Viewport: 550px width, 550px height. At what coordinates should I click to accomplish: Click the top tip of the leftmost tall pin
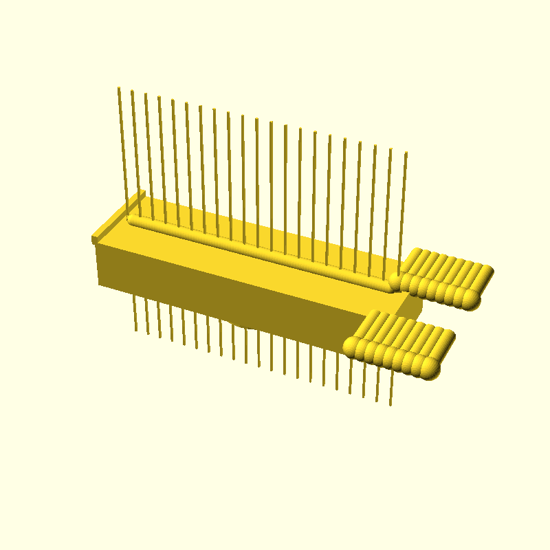click(119, 88)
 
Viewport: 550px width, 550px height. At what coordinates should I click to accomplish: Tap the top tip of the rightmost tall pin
click(406, 153)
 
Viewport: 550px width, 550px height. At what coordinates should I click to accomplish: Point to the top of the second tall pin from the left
click(132, 91)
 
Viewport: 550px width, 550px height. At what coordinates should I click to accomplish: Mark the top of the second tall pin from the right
click(391, 149)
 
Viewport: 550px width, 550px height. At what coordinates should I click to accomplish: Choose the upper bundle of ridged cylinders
click(443, 275)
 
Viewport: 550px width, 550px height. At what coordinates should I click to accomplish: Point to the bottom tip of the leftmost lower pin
click(136, 329)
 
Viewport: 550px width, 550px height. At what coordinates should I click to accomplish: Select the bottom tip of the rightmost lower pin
click(391, 404)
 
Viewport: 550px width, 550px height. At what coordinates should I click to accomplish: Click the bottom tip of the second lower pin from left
click(147, 333)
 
